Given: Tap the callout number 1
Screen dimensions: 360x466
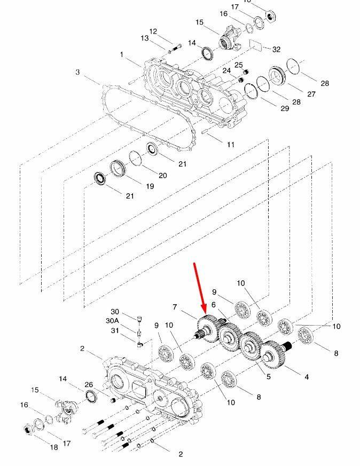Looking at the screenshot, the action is pos(122,54).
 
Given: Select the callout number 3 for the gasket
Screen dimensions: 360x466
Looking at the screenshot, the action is pos(77,72).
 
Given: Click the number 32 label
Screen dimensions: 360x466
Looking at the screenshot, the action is pos(276,49).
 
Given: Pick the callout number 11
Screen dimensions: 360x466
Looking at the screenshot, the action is pos(231,145).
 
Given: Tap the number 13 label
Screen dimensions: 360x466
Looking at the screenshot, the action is pos(144,38).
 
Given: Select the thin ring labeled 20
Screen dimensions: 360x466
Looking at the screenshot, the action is pos(136,159).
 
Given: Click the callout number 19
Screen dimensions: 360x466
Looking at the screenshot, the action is pos(150,186).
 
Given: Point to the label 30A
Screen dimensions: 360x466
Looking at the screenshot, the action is pos(112,321).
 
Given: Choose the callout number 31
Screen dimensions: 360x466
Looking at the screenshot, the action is pos(115,330).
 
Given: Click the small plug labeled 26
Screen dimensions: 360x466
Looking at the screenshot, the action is pos(113,401).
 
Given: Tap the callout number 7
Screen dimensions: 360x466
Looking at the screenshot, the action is pos(175,307).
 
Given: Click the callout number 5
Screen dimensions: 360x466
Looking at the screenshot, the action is pos(269,376).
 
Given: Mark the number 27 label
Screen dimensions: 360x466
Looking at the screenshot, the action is pos(311,94).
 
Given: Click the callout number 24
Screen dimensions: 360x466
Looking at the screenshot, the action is pos(226,71).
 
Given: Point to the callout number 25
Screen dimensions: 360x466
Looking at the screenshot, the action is pos(238,65).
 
